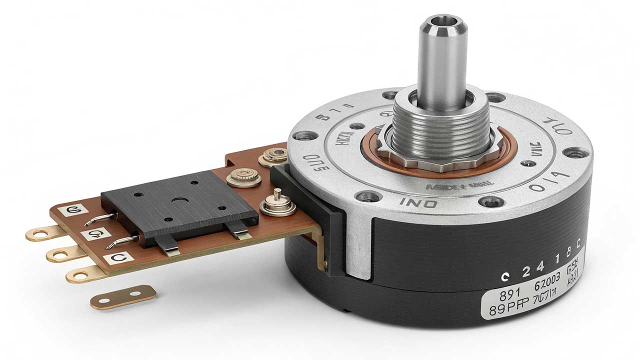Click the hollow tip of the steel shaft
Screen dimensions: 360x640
point(442,22)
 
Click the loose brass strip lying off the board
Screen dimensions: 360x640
point(123,296)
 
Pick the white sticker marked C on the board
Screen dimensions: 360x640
point(118,258)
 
